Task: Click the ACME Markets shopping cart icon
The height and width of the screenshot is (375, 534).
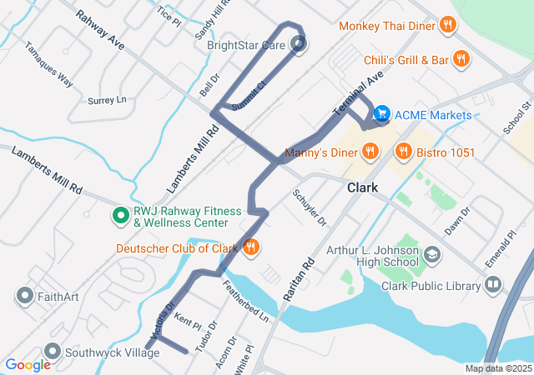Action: [x=382, y=112]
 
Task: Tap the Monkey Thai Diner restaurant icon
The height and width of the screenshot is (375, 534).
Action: [x=448, y=25]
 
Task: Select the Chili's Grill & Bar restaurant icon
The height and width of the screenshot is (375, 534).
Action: [x=461, y=59]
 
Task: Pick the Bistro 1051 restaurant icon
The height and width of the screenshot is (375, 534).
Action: [x=405, y=152]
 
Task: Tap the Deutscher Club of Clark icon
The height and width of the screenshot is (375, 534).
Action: [x=250, y=247]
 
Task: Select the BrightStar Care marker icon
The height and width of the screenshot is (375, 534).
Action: [x=299, y=45]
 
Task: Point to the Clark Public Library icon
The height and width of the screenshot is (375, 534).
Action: [x=494, y=286]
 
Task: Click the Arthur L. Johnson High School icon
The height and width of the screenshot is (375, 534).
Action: [x=432, y=253]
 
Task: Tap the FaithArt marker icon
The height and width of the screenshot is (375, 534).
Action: [x=23, y=295]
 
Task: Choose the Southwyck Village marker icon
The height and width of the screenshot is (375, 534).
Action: [x=53, y=352]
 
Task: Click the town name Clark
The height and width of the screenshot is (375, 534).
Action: [x=362, y=188]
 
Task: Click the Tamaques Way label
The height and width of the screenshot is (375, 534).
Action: [x=48, y=64]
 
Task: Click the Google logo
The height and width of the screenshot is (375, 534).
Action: [x=28, y=365]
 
